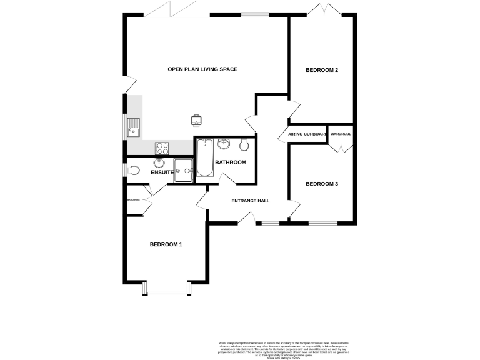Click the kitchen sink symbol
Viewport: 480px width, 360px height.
pyautogui.click(x=133, y=127)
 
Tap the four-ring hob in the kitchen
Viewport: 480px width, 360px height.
pyautogui.click(x=162, y=148)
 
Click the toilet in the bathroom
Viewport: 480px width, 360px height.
pyautogui.click(x=244, y=146)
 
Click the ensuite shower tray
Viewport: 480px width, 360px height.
pyautogui.click(x=184, y=169)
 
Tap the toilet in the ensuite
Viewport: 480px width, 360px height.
pyautogui.click(x=133, y=170)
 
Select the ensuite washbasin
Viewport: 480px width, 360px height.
pyautogui.click(x=159, y=164)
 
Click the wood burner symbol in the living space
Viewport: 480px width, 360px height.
pyautogui.click(x=196, y=119)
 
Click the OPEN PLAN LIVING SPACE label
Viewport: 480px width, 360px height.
pyautogui.click(x=202, y=69)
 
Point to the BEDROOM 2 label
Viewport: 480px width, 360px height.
pyautogui.click(x=322, y=70)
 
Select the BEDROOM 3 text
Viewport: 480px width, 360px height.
pyautogui.click(x=322, y=184)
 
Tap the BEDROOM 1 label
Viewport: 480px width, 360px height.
pyautogui.click(x=166, y=244)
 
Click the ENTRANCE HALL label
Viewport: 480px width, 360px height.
pyautogui.click(x=250, y=201)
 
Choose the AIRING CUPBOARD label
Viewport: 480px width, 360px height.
pyautogui.click(x=307, y=134)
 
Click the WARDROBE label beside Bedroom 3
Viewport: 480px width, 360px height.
pyautogui.click(x=341, y=134)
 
